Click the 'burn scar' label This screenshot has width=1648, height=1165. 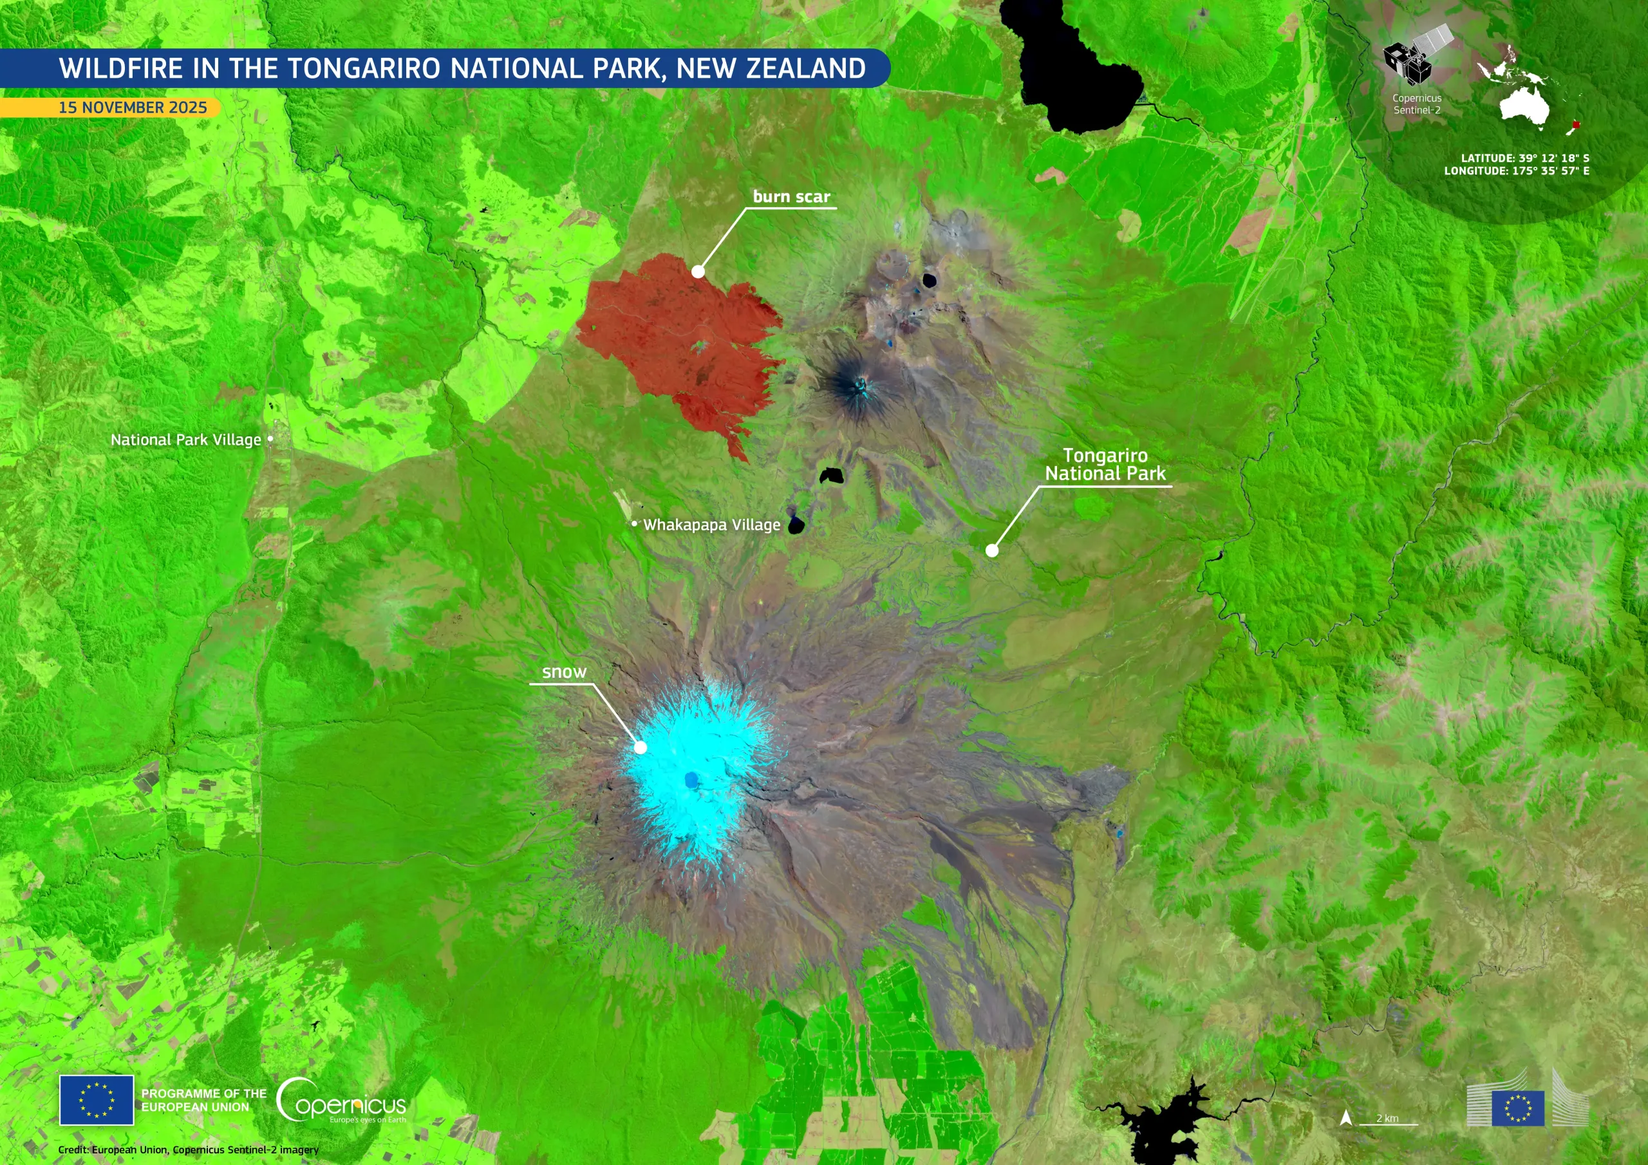pyautogui.click(x=791, y=197)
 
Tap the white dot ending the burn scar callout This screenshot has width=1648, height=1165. pyautogui.click(x=698, y=272)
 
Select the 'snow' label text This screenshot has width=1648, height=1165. pyautogui.click(x=564, y=672)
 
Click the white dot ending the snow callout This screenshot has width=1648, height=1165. pyautogui.click(x=641, y=747)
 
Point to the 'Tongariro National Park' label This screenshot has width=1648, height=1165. pyautogui.click(x=1105, y=465)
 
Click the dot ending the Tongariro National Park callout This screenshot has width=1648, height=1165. pyautogui.click(x=992, y=550)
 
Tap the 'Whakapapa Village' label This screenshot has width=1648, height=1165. pyautogui.click(x=711, y=525)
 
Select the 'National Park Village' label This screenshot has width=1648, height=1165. pyautogui.click(x=185, y=440)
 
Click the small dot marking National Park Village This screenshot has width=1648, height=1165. pyautogui.click(x=270, y=438)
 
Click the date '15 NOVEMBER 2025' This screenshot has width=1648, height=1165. pyautogui.click(x=133, y=107)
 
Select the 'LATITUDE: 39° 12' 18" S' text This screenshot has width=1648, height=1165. pyautogui.click(x=1524, y=158)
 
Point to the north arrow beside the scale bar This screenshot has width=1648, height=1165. pyautogui.click(x=1346, y=1117)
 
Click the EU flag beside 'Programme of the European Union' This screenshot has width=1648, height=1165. pyautogui.click(x=96, y=1100)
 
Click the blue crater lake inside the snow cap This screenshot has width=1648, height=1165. pyautogui.click(x=691, y=779)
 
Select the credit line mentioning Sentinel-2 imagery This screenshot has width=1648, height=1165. pyautogui.click(x=188, y=1149)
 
